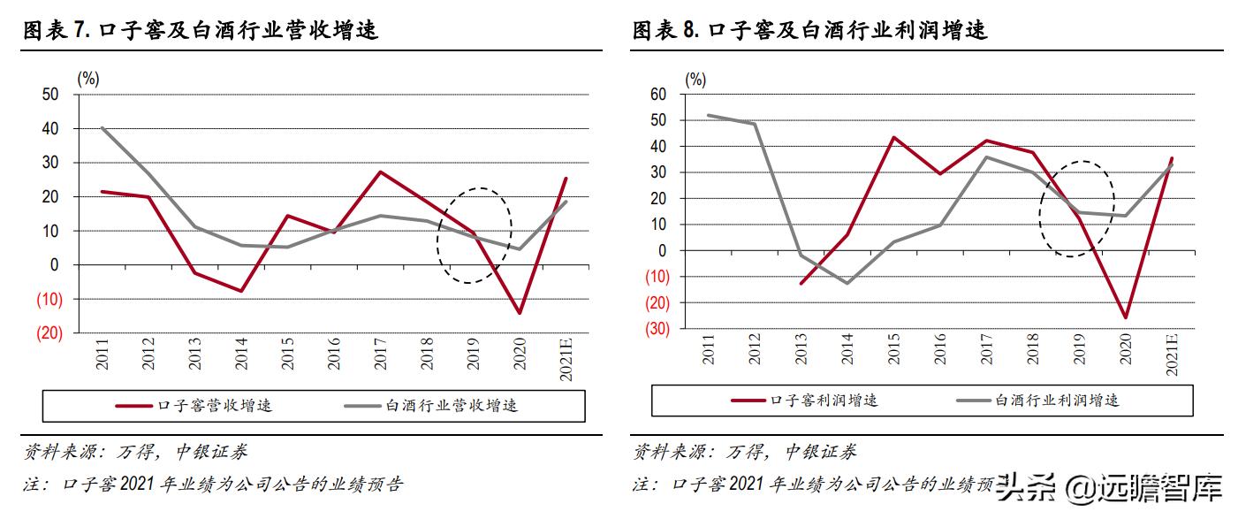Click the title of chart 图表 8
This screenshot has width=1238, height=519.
(x=809, y=31)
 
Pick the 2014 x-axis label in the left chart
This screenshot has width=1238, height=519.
(x=240, y=355)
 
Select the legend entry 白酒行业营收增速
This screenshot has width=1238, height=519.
(x=451, y=406)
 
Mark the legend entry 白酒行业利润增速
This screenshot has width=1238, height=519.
(x=1057, y=401)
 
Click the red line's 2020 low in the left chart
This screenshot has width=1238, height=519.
(x=519, y=313)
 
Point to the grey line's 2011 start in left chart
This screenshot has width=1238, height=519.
(x=103, y=128)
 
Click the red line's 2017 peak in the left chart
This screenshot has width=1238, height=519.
(x=380, y=172)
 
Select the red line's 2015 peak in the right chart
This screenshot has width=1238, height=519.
(x=893, y=137)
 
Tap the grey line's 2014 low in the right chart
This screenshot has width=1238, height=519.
(x=847, y=283)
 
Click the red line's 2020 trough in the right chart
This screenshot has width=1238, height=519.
(x=1126, y=317)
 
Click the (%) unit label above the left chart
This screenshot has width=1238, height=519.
(x=88, y=78)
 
